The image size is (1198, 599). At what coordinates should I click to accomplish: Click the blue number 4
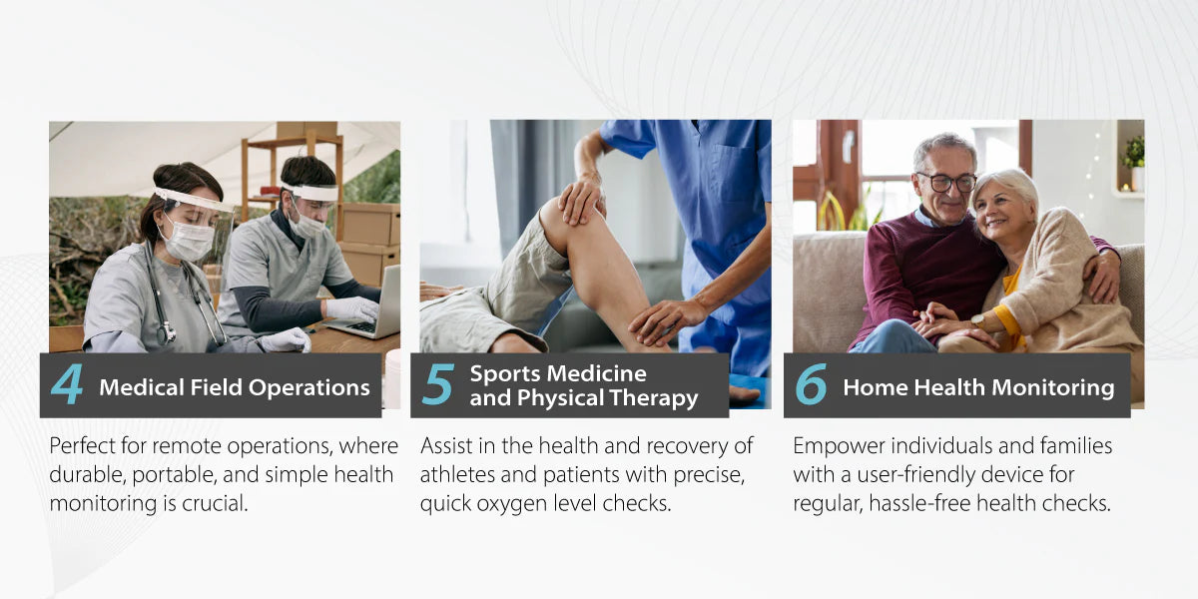[67, 384]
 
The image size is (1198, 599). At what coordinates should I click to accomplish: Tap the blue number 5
[438, 384]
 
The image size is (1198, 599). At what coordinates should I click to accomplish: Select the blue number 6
[811, 384]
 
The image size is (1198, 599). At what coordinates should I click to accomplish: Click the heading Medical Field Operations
[235, 387]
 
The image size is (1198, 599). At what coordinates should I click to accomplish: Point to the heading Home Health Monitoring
[978, 387]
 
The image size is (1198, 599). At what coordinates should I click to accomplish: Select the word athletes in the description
[457, 475]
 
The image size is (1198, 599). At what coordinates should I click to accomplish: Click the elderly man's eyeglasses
[947, 182]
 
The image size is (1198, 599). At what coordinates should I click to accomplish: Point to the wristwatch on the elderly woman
[977, 320]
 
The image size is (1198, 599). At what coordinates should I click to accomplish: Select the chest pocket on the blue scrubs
[734, 171]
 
